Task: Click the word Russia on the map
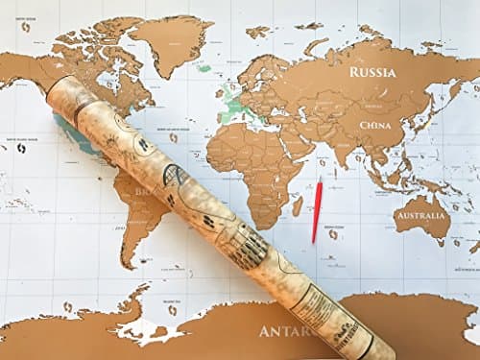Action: click(x=372, y=72)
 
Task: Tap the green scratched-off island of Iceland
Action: click(x=204, y=68)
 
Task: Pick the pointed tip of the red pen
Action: click(x=314, y=240)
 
